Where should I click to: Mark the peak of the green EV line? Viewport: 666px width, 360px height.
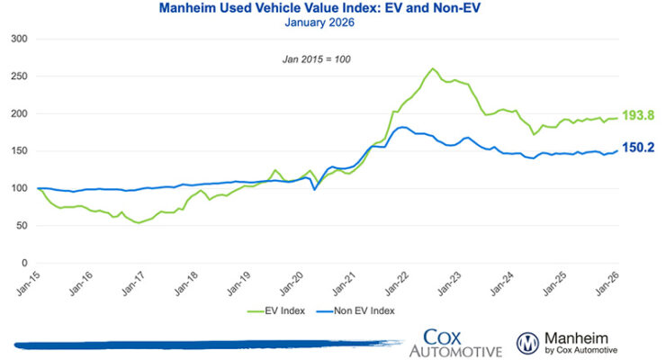pyautogui.click(x=433, y=68)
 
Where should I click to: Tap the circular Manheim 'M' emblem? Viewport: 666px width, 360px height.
pyautogui.click(x=528, y=343)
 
